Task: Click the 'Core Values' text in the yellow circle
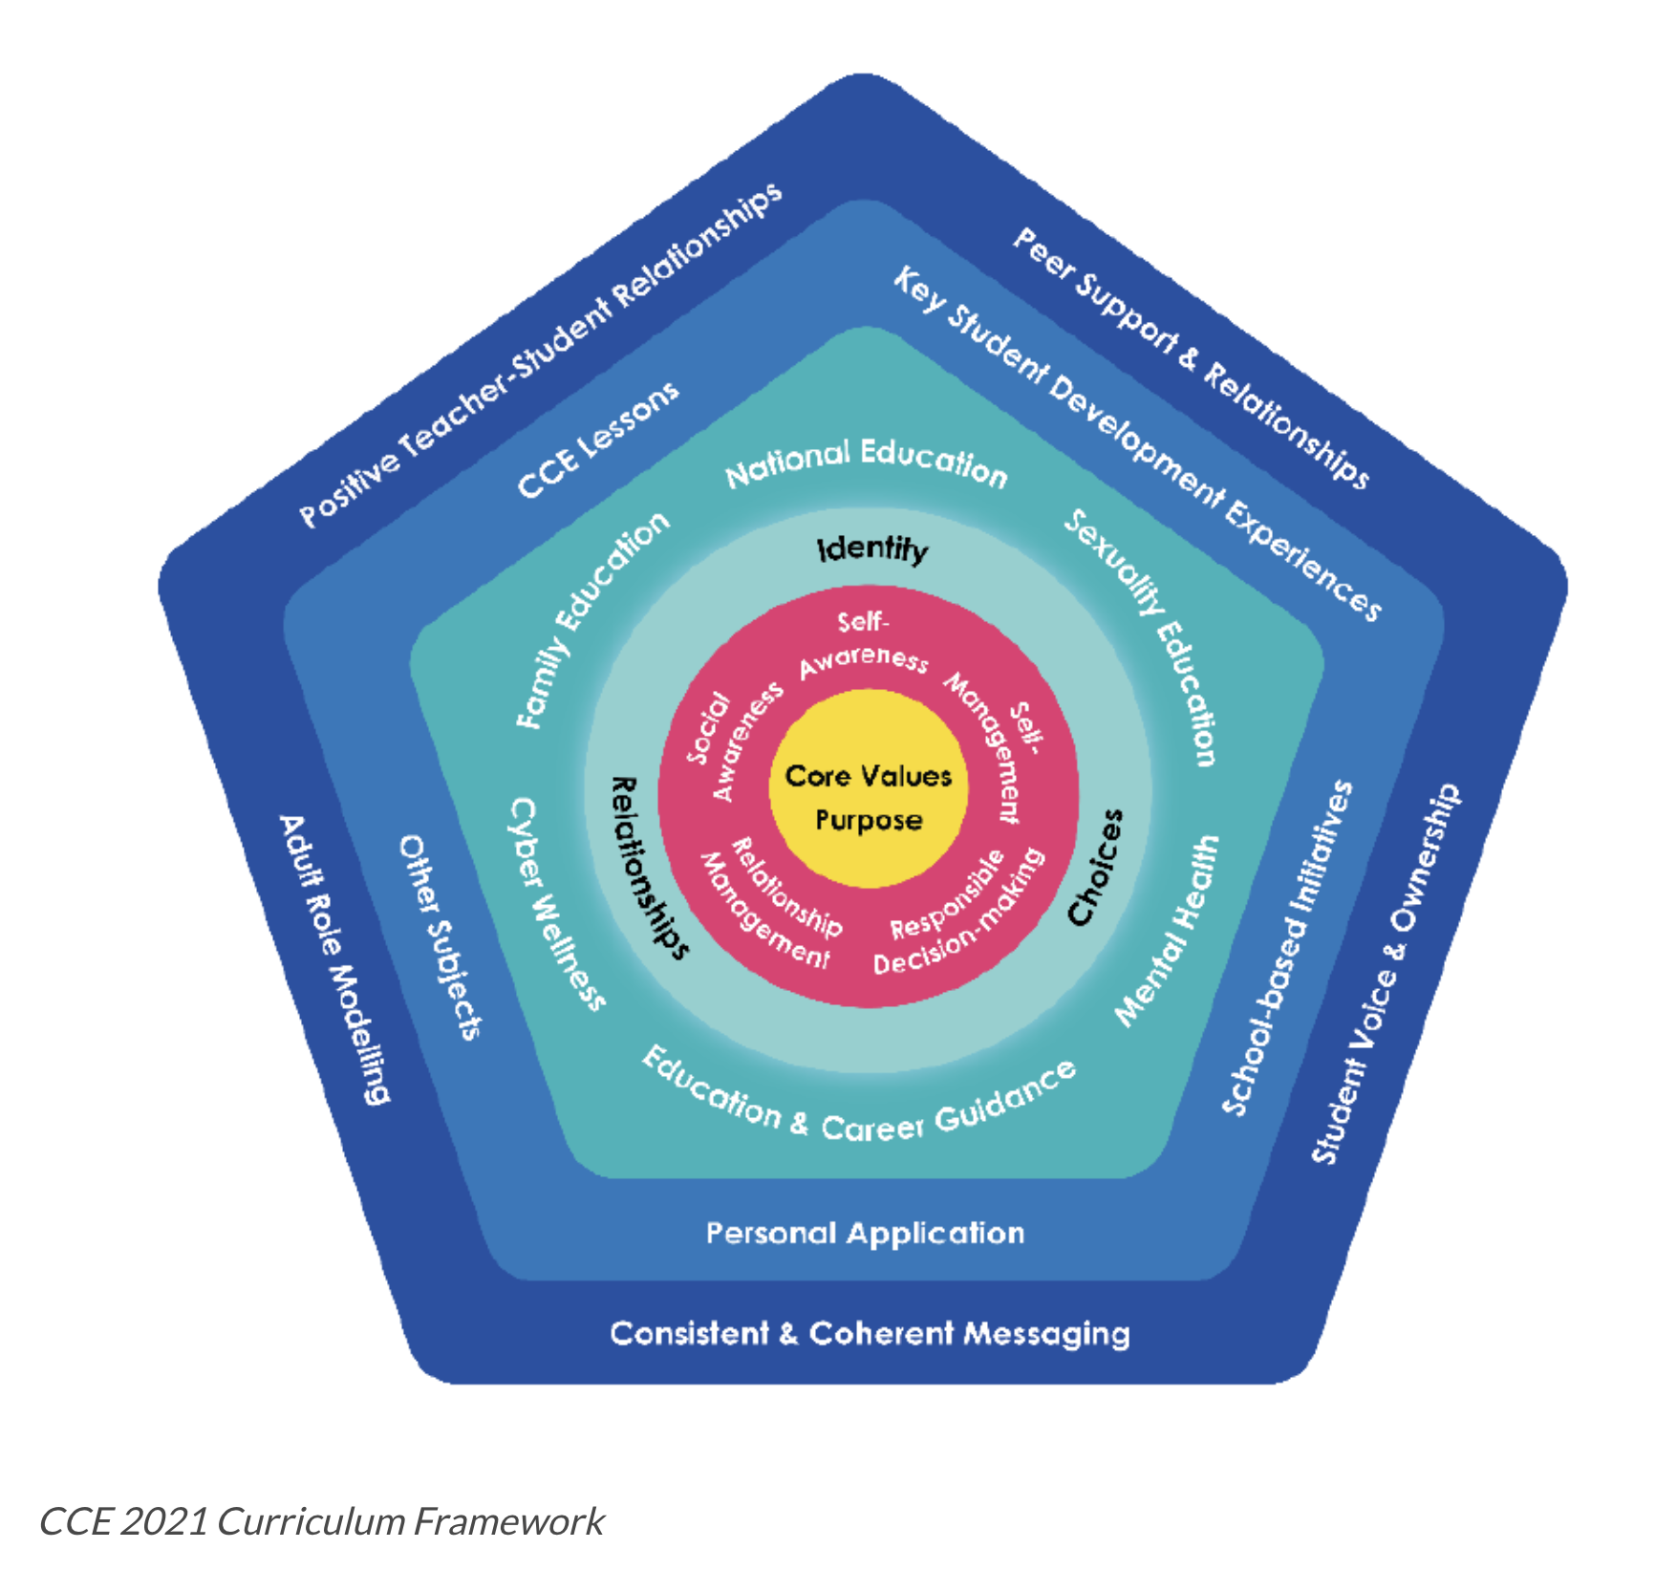(x=868, y=775)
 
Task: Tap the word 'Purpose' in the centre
(x=868, y=820)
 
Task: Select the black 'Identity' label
(x=871, y=549)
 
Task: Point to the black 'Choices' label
(x=1095, y=868)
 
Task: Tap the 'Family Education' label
(x=592, y=619)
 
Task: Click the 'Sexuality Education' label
(x=1143, y=635)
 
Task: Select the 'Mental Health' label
(x=1168, y=931)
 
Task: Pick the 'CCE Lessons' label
(x=598, y=440)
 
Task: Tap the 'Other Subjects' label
(x=440, y=936)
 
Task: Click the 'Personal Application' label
(x=865, y=1233)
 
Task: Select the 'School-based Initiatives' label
(x=1288, y=948)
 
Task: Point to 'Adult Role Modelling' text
(x=334, y=959)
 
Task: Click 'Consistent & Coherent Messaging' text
(x=870, y=1333)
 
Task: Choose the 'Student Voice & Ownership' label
(x=1386, y=975)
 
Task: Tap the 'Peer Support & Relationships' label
(x=1191, y=357)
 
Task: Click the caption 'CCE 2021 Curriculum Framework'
(x=321, y=1521)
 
